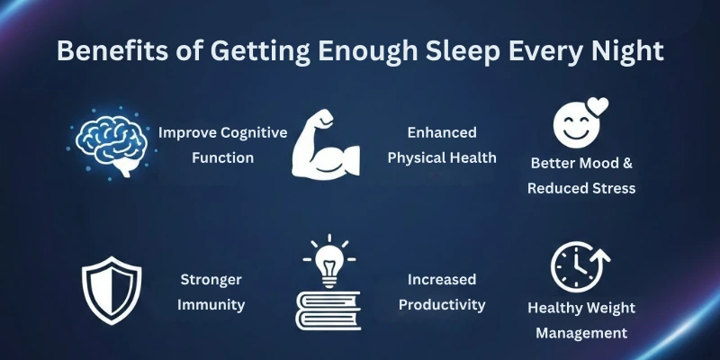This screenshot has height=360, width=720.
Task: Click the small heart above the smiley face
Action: (x=597, y=104)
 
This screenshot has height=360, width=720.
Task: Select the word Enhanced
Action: (x=442, y=132)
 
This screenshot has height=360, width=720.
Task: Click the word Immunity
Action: (x=211, y=304)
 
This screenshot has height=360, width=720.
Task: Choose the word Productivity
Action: (x=441, y=304)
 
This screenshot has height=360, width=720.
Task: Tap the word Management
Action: (x=581, y=332)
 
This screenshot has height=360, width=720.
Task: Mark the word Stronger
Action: (x=211, y=279)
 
